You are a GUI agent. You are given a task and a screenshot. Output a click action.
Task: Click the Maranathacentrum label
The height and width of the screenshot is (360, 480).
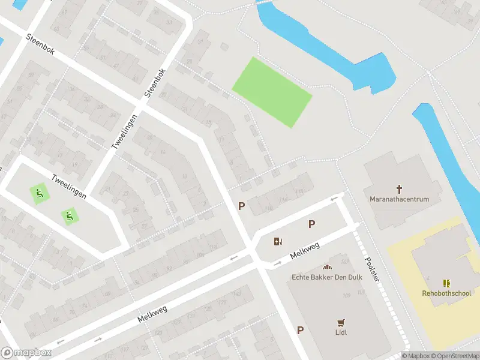(x=400, y=199)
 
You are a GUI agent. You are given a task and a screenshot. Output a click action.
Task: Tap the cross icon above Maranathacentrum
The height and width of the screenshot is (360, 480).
(x=400, y=189)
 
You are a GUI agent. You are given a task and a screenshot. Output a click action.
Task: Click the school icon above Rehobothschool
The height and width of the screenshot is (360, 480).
(x=446, y=283)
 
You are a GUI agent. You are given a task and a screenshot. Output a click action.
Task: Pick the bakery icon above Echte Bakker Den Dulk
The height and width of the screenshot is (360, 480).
(x=327, y=267)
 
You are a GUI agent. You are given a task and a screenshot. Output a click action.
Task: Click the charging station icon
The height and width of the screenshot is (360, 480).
(x=278, y=242)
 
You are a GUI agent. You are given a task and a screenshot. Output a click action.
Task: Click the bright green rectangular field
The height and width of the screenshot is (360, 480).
(x=272, y=92)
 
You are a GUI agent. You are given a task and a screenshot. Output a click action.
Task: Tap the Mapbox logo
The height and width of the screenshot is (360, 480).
(x=26, y=353)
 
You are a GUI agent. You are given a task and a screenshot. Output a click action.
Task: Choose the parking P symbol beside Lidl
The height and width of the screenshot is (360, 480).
(x=300, y=330)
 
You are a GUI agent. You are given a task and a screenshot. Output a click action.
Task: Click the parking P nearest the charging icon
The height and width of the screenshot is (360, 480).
(x=311, y=224)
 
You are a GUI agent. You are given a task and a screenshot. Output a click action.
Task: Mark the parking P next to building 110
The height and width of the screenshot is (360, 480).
(x=241, y=206)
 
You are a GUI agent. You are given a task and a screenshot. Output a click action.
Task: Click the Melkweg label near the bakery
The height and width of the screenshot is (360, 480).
(x=304, y=251)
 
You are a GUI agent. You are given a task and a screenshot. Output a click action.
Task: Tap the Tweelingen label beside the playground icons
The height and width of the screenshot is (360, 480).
(x=69, y=187)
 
